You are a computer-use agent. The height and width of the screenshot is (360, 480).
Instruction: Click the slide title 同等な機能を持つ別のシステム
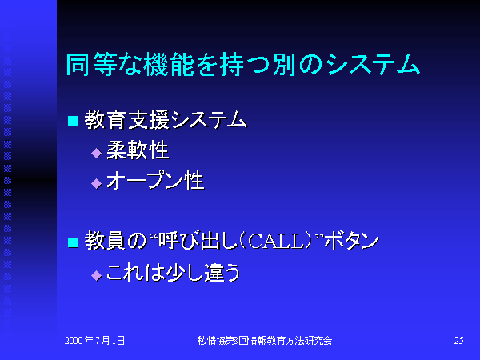pyautogui.click(x=242, y=64)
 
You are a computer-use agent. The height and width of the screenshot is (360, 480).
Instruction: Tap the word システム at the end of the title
pyautogui.click(x=372, y=64)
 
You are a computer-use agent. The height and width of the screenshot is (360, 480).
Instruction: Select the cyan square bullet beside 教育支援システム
pyautogui.click(x=73, y=121)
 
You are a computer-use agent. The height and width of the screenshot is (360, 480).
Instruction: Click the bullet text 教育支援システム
pyautogui.click(x=166, y=120)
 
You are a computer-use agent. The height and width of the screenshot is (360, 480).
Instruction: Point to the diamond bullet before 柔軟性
pyautogui.click(x=97, y=153)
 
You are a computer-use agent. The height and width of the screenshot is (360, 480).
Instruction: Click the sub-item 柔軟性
pyautogui.click(x=138, y=150)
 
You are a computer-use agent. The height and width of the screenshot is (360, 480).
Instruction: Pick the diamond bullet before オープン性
pyautogui.click(x=97, y=183)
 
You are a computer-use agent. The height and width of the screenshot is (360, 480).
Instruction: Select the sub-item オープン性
pyautogui.click(x=155, y=181)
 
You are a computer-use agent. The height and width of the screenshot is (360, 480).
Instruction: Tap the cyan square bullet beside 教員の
pyautogui.click(x=73, y=242)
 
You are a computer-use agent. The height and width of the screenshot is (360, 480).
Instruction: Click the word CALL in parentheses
pyautogui.click(x=276, y=242)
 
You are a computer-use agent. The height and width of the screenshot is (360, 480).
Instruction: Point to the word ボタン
pyautogui.click(x=352, y=242)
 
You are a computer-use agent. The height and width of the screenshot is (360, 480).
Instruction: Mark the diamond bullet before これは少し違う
pyautogui.click(x=97, y=275)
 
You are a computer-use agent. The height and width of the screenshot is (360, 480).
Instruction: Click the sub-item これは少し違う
pyautogui.click(x=174, y=273)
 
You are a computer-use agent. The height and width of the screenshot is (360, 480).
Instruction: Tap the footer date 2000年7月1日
pyautogui.click(x=94, y=341)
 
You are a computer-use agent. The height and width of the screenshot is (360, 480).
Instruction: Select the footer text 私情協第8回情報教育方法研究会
pyautogui.click(x=265, y=341)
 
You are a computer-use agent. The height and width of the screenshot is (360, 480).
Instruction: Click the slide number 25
pyautogui.click(x=458, y=341)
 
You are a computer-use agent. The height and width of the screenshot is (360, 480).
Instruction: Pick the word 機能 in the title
pyautogui.click(x=169, y=64)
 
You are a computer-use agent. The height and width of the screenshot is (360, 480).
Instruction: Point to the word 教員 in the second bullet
pyautogui.click(x=105, y=241)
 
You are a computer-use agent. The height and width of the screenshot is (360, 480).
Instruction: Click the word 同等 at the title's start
pyautogui.click(x=91, y=64)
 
